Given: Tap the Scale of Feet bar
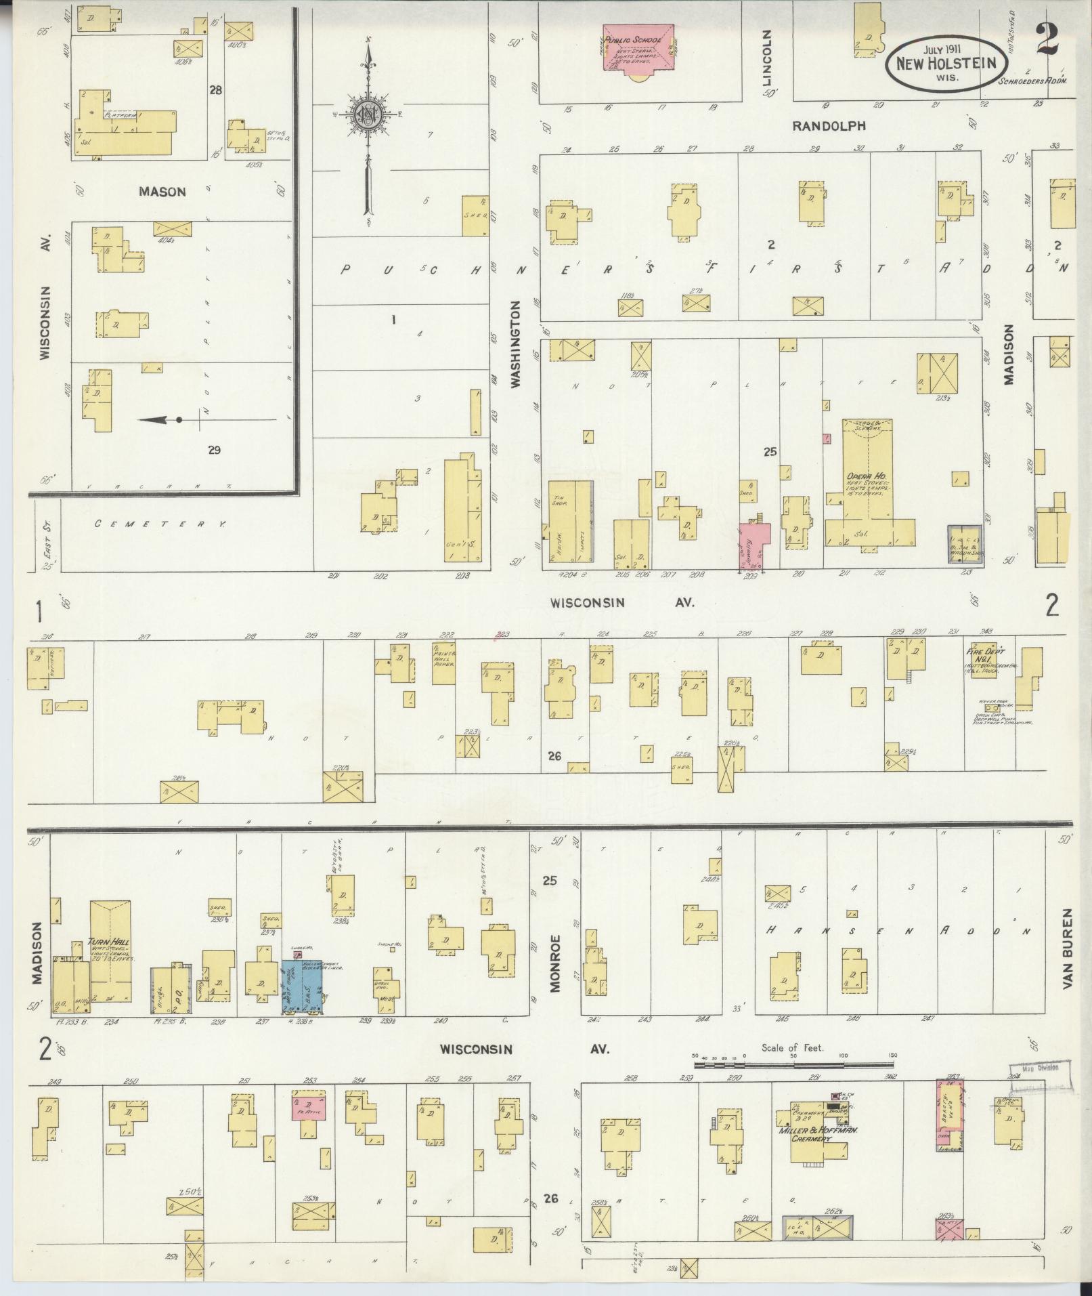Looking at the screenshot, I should (792, 1064).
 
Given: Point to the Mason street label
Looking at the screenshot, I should (162, 192).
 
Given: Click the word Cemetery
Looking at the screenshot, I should (160, 524).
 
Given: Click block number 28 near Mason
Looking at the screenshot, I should (215, 89).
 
